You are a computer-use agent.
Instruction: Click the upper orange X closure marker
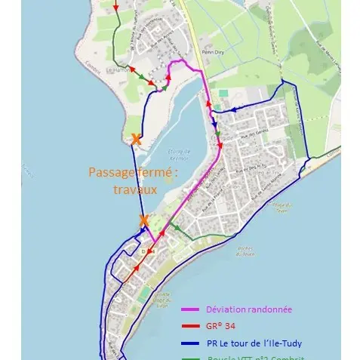pyautogui.click(x=135, y=139)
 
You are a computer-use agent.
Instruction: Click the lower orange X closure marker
pyautogui.click(x=143, y=220)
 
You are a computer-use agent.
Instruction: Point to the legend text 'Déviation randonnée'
pyautogui.click(x=248, y=309)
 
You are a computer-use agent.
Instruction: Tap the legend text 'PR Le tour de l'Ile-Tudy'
pyautogui.click(x=254, y=343)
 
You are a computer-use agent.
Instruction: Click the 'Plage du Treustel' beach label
pyautogui.click(x=280, y=205)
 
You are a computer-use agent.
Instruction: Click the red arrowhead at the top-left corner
pyautogui.click(x=115, y=7)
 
